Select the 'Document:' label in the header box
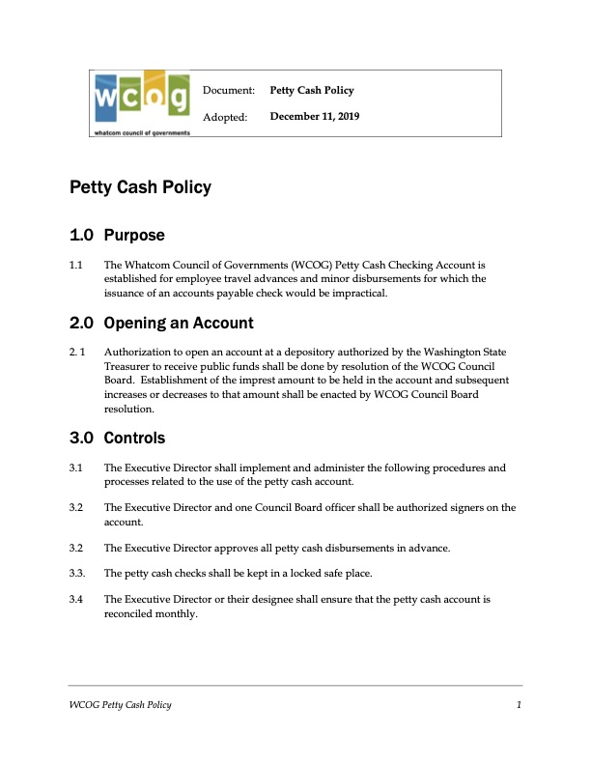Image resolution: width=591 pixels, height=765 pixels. pyautogui.click(x=228, y=91)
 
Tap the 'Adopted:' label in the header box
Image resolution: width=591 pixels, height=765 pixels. pyautogui.click(x=225, y=117)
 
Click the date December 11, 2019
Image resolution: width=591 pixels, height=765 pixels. pyautogui.click(x=315, y=117)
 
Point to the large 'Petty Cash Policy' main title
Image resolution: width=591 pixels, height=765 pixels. pyautogui.click(x=140, y=187)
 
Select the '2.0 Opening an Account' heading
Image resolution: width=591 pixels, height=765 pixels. pyautogui.click(x=161, y=323)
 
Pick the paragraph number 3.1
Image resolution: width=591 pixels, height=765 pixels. pyautogui.click(x=76, y=467)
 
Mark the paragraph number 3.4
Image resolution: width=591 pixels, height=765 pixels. pyautogui.click(x=76, y=599)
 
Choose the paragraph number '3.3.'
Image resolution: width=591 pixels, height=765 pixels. pyautogui.click(x=78, y=573)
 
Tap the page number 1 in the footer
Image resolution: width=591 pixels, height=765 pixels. pyautogui.click(x=519, y=706)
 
